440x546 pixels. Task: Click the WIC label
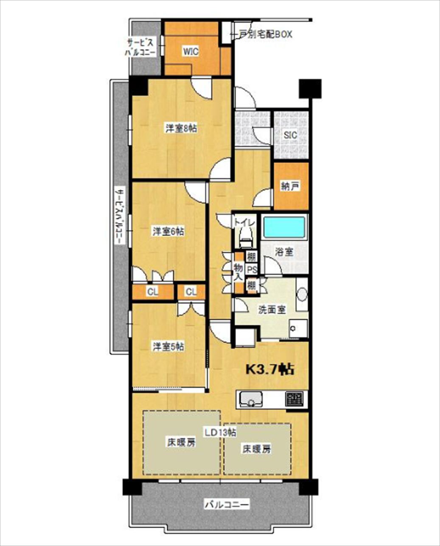[x=191, y=52]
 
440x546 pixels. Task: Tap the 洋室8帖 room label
[x=181, y=129]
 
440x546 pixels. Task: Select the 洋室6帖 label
[x=168, y=232]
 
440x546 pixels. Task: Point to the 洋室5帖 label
[x=168, y=346]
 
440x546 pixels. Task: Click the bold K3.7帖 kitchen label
[x=270, y=370]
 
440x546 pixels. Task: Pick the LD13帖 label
[x=221, y=432]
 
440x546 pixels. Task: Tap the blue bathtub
[x=284, y=227]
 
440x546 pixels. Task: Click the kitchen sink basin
[x=251, y=400]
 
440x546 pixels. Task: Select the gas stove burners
[x=294, y=399]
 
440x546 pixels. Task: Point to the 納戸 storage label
[x=290, y=187]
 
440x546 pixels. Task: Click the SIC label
[x=290, y=135]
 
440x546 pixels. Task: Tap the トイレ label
[x=244, y=223]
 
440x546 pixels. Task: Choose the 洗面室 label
[x=272, y=310]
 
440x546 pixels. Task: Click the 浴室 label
[x=284, y=252]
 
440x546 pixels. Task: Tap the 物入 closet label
[x=238, y=272]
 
